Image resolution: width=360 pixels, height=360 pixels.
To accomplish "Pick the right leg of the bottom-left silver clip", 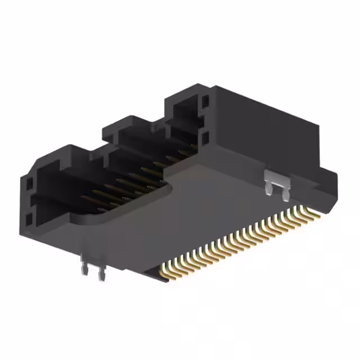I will click(101, 274).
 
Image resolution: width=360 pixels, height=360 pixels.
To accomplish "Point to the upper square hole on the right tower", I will click(204, 102).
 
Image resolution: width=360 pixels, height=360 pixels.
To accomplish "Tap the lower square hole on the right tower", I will click(204, 137).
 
